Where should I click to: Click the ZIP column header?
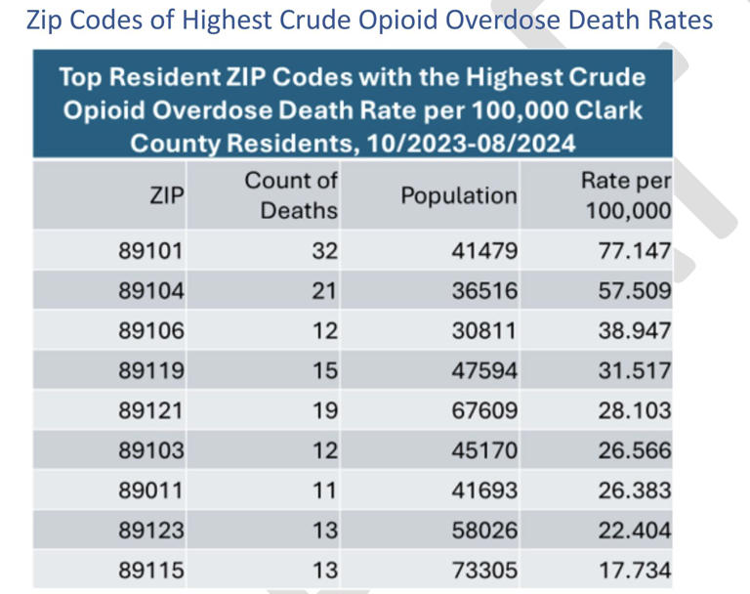[x=166, y=195]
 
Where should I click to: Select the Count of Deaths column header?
[x=291, y=195]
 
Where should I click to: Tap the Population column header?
[x=458, y=195]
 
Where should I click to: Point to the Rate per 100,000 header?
[x=626, y=195]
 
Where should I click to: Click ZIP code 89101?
[x=150, y=251]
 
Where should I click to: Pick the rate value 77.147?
[x=635, y=251]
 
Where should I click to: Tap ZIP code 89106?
[x=150, y=331]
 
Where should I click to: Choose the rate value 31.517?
[x=635, y=371]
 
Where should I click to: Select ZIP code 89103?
[x=150, y=451]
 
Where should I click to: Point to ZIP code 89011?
[x=150, y=490]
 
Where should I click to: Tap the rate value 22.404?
[x=635, y=530]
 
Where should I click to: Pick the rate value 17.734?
[x=635, y=571]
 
